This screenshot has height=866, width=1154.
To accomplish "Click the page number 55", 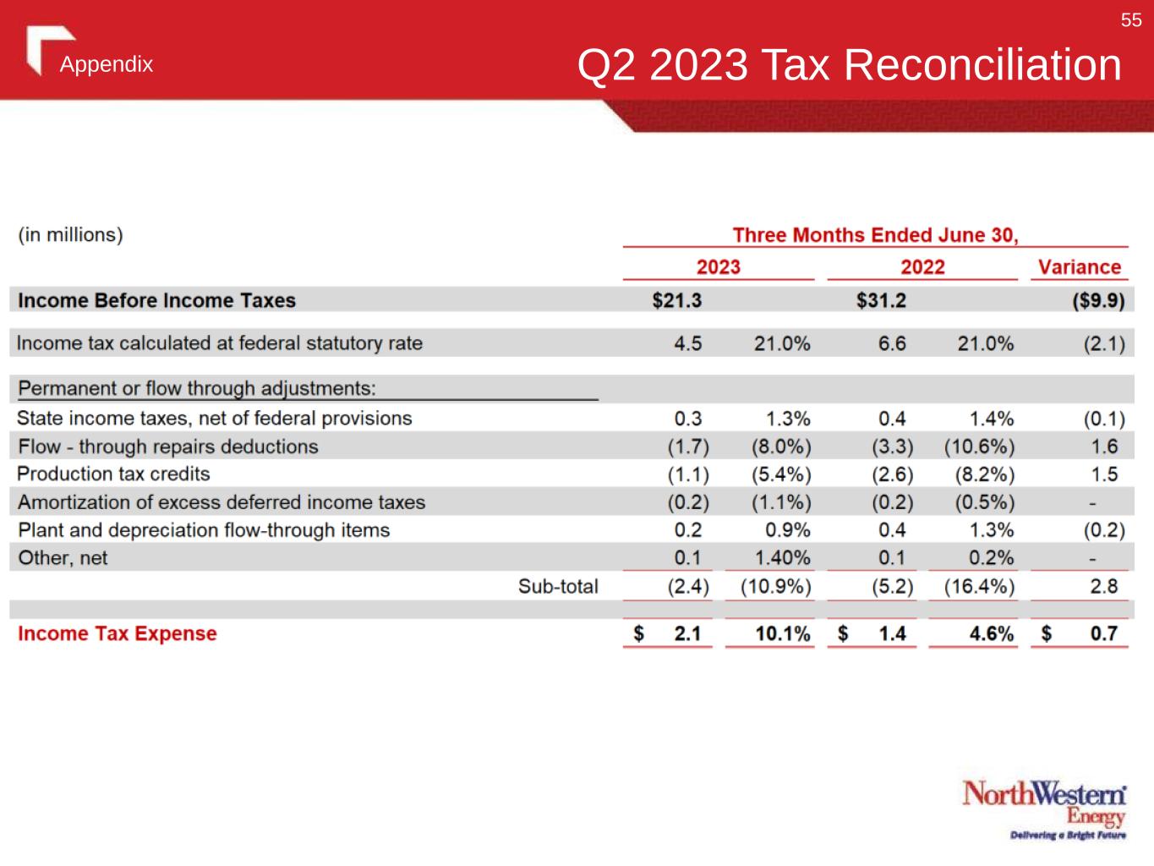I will click(x=1131, y=20).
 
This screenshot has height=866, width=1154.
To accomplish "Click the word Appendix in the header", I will click(x=107, y=65).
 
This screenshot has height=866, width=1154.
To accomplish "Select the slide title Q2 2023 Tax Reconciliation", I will click(x=849, y=65).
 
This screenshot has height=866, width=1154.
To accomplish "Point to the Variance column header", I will click(x=1079, y=267).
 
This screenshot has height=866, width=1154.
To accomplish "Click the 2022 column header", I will click(x=922, y=267).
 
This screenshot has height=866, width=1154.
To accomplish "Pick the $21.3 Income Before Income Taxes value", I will click(x=676, y=300).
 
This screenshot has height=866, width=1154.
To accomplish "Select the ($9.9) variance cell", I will click(x=1098, y=300).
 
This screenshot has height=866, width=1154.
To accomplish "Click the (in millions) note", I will click(x=71, y=235).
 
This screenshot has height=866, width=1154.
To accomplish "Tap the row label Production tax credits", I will click(x=113, y=474).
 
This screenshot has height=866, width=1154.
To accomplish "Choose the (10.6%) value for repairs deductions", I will click(x=979, y=447).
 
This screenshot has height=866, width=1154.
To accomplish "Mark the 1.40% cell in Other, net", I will click(x=782, y=558).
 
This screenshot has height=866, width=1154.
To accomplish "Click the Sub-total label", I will click(x=558, y=586).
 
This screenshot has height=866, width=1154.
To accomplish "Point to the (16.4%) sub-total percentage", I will click(x=979, y=586).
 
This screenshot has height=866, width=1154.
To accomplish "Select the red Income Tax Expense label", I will click(x=118, y=633).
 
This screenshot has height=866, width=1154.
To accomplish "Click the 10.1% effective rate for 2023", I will click(x=782, y=633).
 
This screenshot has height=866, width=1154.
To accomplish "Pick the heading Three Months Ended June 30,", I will click(x=875, y=235).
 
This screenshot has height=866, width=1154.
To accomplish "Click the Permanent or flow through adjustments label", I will click(x=197, y=388).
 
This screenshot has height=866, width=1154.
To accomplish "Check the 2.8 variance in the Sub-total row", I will click(x=1104, y=586).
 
